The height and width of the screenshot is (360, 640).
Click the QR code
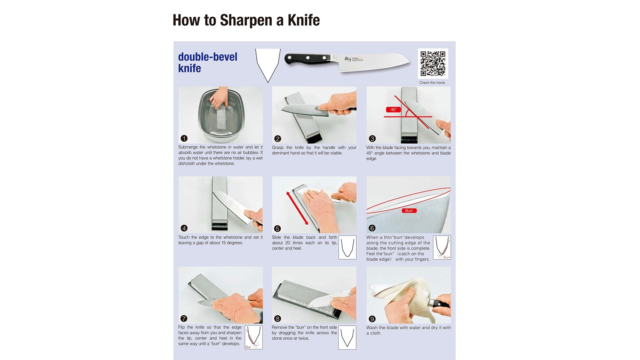tap(433, 64)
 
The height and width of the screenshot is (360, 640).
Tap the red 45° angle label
tap(393, 110)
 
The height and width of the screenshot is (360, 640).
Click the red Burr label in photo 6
tap(409, 211)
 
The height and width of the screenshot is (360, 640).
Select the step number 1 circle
tap(184, 138)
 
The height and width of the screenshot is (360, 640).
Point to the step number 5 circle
tap(277, 228)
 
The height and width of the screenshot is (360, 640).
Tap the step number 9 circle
tap(372, 319)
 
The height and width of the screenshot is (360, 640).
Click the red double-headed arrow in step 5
tap(297, 208)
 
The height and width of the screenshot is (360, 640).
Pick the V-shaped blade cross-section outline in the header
tap(268, 66)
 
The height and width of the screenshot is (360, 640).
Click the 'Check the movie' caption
tap(432, 83)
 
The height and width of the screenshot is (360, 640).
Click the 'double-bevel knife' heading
tap(207, 63)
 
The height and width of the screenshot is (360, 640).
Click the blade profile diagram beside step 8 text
tap(347, 337)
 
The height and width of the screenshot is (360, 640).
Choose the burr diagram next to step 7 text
tap(254, 337)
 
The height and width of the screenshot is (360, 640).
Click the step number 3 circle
tap(372, 139)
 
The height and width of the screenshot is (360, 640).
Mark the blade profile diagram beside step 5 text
tap(347, 247)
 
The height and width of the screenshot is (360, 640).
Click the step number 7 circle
tap(184, 318)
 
